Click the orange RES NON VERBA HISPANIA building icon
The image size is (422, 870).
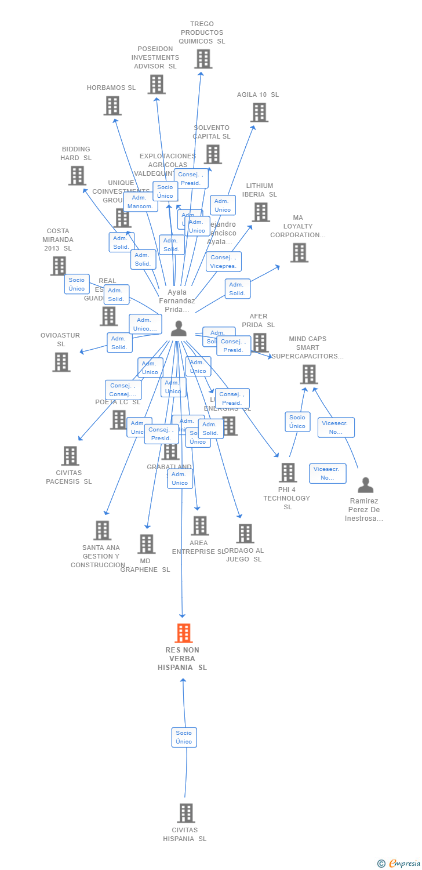click(184, 633)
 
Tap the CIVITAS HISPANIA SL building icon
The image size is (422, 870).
click(185, 813)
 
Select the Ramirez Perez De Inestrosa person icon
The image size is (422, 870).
click(365, 485)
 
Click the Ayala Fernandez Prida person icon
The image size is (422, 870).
click(179, 329)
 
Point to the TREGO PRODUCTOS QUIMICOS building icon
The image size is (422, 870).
click(203, 59)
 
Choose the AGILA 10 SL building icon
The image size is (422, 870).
click(259, 113)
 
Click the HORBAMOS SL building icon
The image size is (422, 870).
click(112, 106)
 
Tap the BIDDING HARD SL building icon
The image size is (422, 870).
click(77, 175)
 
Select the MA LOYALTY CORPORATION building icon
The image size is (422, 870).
click(299, 252)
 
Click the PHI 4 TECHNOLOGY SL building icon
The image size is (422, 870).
click(288, 473)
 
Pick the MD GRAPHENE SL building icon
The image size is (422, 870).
click(147, 544)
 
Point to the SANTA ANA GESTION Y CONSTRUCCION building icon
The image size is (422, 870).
click(103, 530)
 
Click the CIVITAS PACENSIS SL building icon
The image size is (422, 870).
click(70, 456)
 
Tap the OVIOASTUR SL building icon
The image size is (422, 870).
click(61, 362)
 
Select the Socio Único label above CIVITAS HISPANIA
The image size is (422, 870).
click(184, 737)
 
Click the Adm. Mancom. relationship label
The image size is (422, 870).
click(140, 202)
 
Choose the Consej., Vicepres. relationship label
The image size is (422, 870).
click(223, 262)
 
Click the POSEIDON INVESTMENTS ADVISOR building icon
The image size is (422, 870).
click(157, 84)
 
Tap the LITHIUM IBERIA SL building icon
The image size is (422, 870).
click(261, 212)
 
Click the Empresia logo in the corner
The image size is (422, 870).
click(399, 864)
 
